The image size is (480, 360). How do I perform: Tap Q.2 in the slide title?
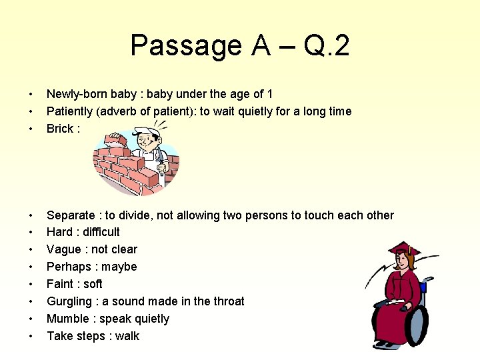[x=326, y=46]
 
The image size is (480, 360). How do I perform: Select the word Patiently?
[x=71, y=111]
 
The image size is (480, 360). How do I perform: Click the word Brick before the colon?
[x=59, y=129]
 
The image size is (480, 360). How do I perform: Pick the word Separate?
[x=71, y=215]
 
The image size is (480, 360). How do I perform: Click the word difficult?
[x=101, y=232]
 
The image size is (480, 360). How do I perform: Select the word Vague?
[x=63, y=249]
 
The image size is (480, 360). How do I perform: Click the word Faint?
[x=61, y=284]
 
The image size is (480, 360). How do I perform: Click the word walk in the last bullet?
[x=127, y=336]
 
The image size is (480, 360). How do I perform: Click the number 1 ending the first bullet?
[x=270, y=94]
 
